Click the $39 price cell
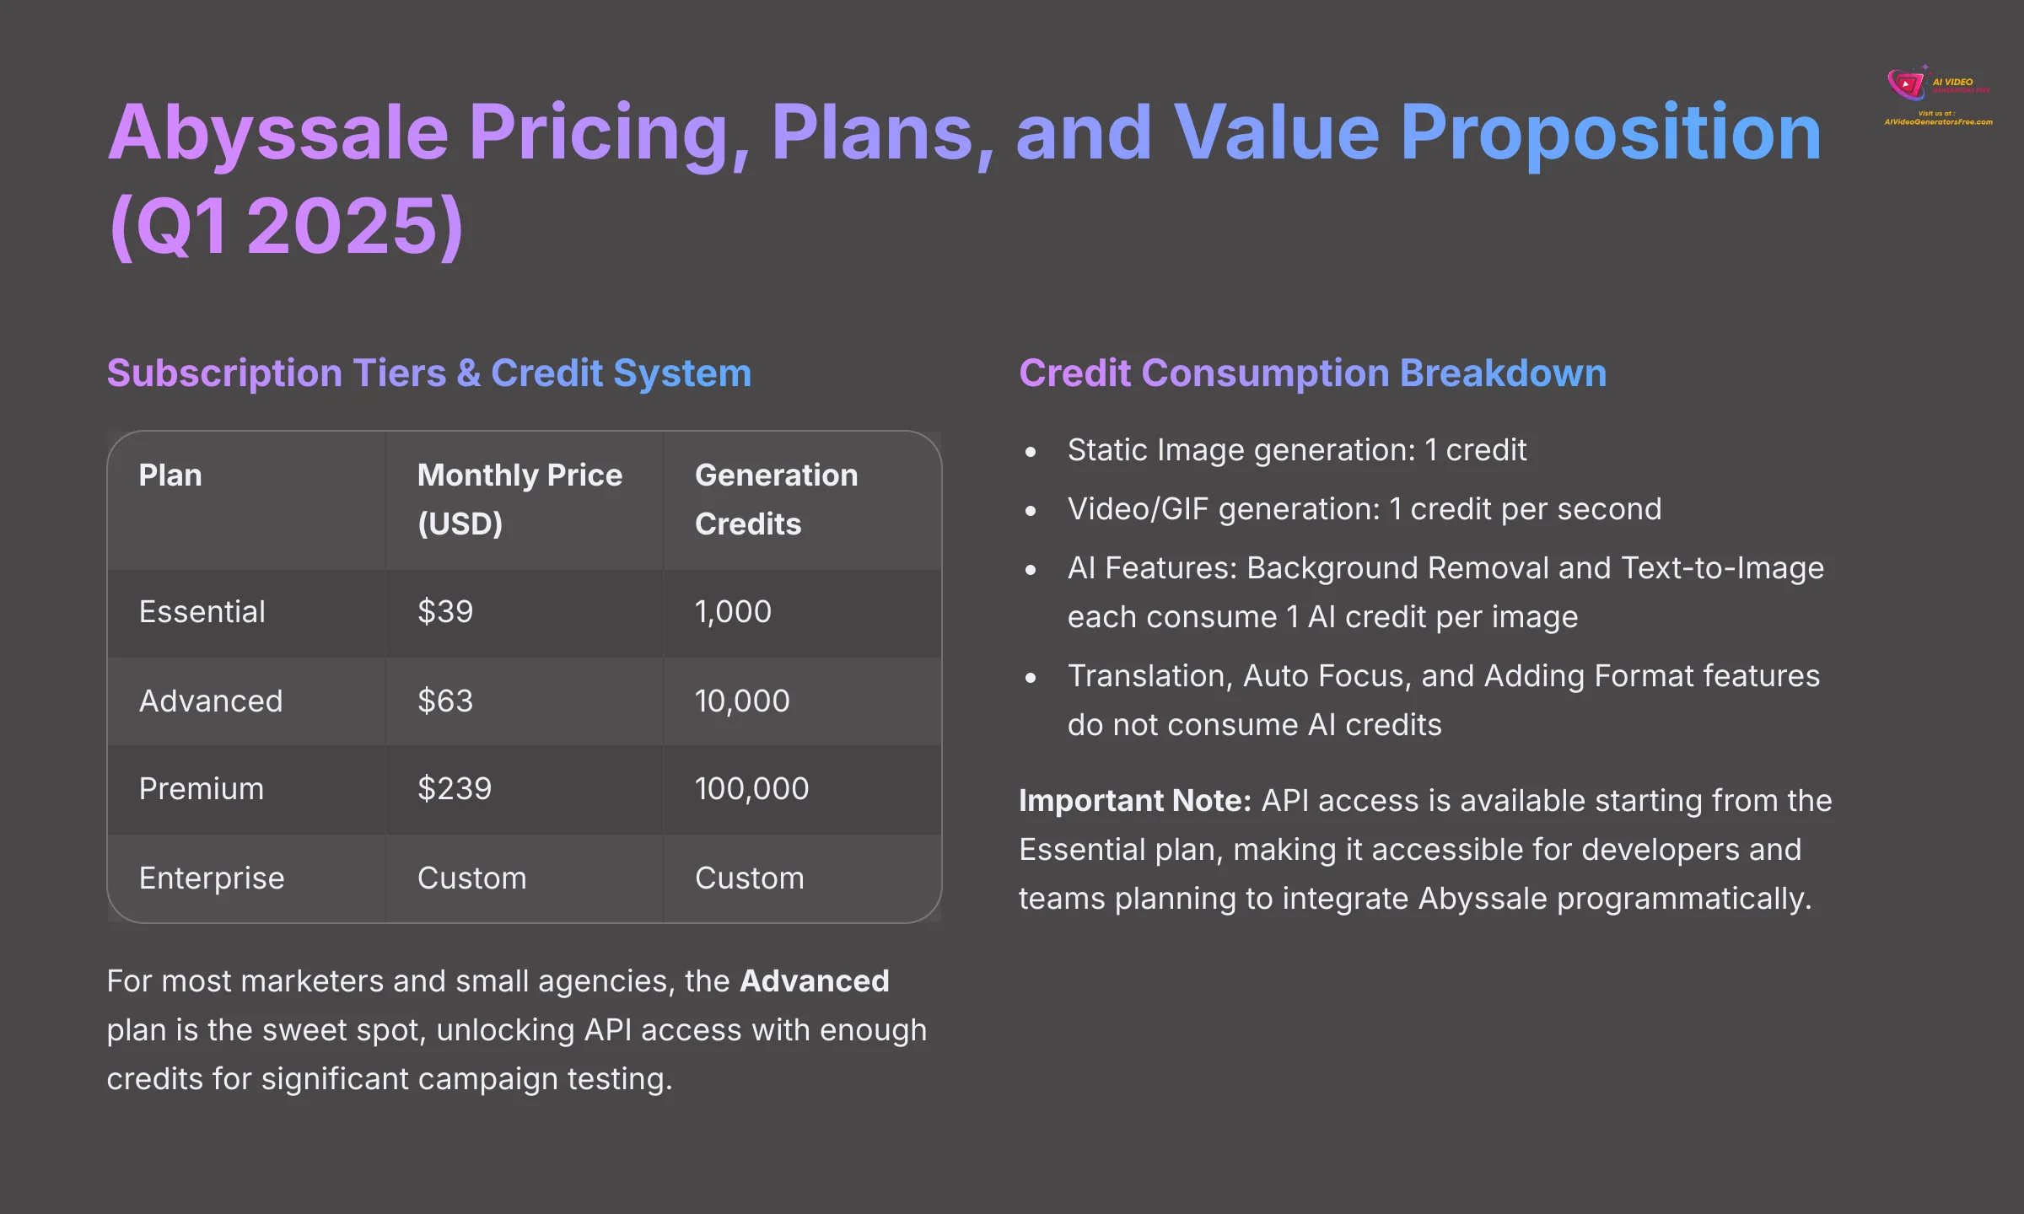click(x=445, y=612)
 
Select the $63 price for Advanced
click(x=445, y=701)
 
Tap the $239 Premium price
click(x=455, y=789)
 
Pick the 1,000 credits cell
click(x=733, y=612)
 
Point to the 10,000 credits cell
click(x=742, y=701)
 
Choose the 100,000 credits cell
click(x=751, y=789)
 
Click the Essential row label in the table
click(x=202, y=612)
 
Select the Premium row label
click(x=202, y=789)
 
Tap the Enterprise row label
click(x=212, y=878)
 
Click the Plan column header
click(x=170, y=475)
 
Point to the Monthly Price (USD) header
click(x=519, y=499)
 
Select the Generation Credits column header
click(x=776, y=499)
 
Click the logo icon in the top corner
click(x=1906, y=84)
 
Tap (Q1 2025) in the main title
click(x=287, y=226)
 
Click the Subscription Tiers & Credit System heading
click(x=428, y=373)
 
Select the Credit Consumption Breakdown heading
click(x=1312, y=373)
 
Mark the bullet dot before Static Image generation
click(x=1031, y=453)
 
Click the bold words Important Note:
click(x=1134, y=801)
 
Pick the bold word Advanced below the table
click(x=814, y=981)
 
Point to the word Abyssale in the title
click(x=278, y=132)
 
